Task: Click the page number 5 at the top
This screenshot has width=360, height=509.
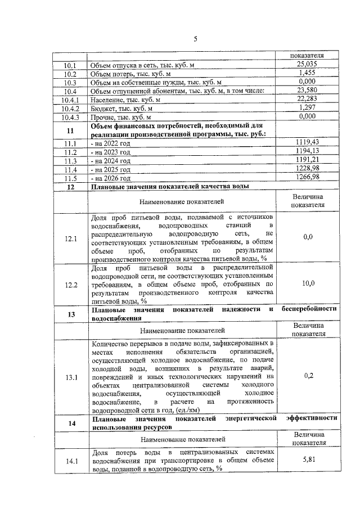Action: [x=195, y=39]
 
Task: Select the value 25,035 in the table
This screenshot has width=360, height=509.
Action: [x=308, y=65]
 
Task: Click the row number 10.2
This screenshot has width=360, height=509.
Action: [x=70, y=74]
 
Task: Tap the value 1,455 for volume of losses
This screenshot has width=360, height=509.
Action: [x=308, y=74]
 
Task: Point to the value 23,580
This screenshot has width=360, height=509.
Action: [x=308, y=91]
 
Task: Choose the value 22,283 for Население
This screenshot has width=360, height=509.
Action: [x=308, y=99]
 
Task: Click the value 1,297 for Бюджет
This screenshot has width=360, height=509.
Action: [x=308, y=107]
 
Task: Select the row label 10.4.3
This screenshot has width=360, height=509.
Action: [x=70, y=116]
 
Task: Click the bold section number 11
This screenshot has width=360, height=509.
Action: [x=70, y=130]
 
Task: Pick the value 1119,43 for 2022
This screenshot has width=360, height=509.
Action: [x=307, y=143]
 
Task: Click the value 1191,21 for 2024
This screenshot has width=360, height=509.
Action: [x=307, y=160]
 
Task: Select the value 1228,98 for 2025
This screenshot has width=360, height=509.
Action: [x=307, y=169]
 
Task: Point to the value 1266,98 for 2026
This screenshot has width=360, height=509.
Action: [x=307, y=177]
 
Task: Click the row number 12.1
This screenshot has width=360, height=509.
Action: [x=70, y=238]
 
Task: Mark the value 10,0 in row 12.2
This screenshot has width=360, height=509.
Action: [x=308, y=284]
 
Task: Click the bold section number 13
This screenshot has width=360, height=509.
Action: [x=70, y=314]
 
